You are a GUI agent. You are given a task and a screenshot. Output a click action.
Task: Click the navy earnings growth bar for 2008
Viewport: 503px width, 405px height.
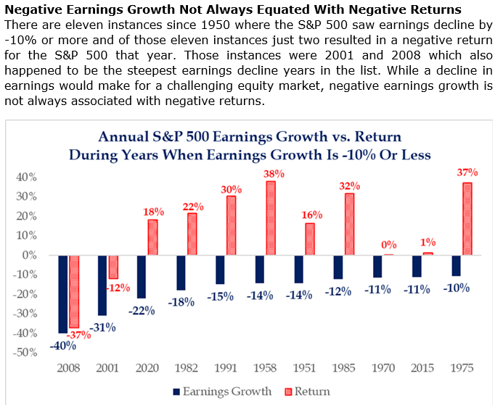(62, 294)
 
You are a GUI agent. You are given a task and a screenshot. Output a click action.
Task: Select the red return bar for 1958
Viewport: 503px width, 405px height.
(271, 218)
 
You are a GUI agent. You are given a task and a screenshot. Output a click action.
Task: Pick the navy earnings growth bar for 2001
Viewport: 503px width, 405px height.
(102, 285)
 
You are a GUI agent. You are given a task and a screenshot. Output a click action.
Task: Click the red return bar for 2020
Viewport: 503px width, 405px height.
(152, 238)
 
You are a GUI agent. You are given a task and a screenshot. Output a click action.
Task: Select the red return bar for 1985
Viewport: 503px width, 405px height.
(350, 224)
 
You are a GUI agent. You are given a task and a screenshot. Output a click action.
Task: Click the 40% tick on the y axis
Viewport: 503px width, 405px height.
(27, 178)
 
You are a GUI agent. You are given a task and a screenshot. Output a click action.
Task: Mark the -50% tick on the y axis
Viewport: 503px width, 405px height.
(25, 352)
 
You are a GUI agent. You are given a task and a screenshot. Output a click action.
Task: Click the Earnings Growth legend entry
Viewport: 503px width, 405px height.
(224, 392)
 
